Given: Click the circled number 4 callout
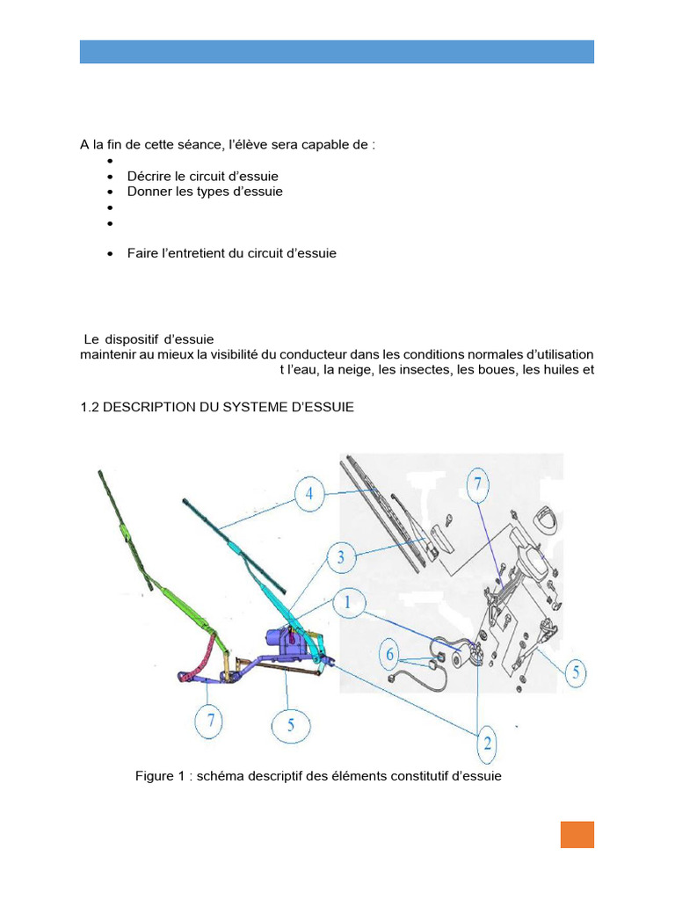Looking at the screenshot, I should (x=309, y=495).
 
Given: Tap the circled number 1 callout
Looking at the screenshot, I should (x=348, y=604).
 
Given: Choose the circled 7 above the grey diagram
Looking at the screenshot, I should (x=478, y=484).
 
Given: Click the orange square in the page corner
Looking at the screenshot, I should (x=577, y=834).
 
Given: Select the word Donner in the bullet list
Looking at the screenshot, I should (x=150, y=192).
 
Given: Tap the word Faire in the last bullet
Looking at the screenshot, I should (x=143, y=253).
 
